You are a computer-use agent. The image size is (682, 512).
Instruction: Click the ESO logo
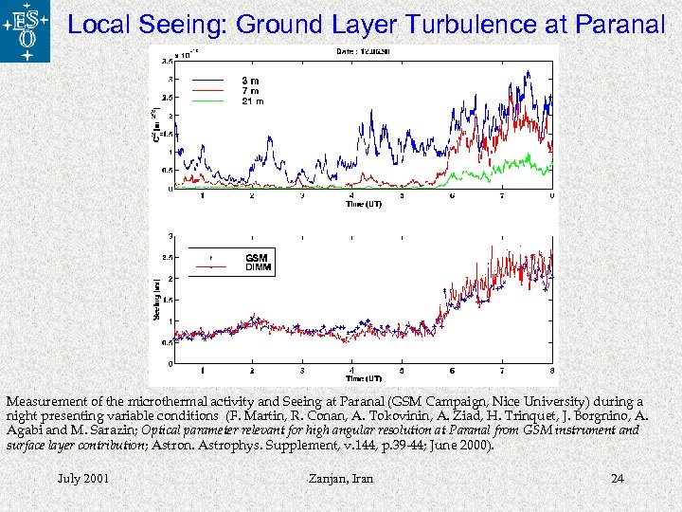point(26,31)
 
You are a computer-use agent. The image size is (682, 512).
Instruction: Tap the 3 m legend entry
point(250,81)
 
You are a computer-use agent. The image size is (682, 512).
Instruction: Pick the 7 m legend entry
point(250,90)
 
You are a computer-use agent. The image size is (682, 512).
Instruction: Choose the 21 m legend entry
point(252,100)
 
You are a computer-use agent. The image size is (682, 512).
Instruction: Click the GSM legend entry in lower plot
point(256,257)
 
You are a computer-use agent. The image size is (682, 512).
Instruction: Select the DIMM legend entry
point(258,267)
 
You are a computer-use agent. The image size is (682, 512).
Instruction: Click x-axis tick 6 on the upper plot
point(452,196)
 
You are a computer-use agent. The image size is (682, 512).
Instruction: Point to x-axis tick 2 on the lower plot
point(251,371)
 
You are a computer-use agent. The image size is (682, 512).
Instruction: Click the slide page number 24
point(618,478)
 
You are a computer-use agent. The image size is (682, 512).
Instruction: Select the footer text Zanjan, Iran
point(341,478)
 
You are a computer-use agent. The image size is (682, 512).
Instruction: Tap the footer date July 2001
point(82,478)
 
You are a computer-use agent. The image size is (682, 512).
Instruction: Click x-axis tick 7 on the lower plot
point(502,371)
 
